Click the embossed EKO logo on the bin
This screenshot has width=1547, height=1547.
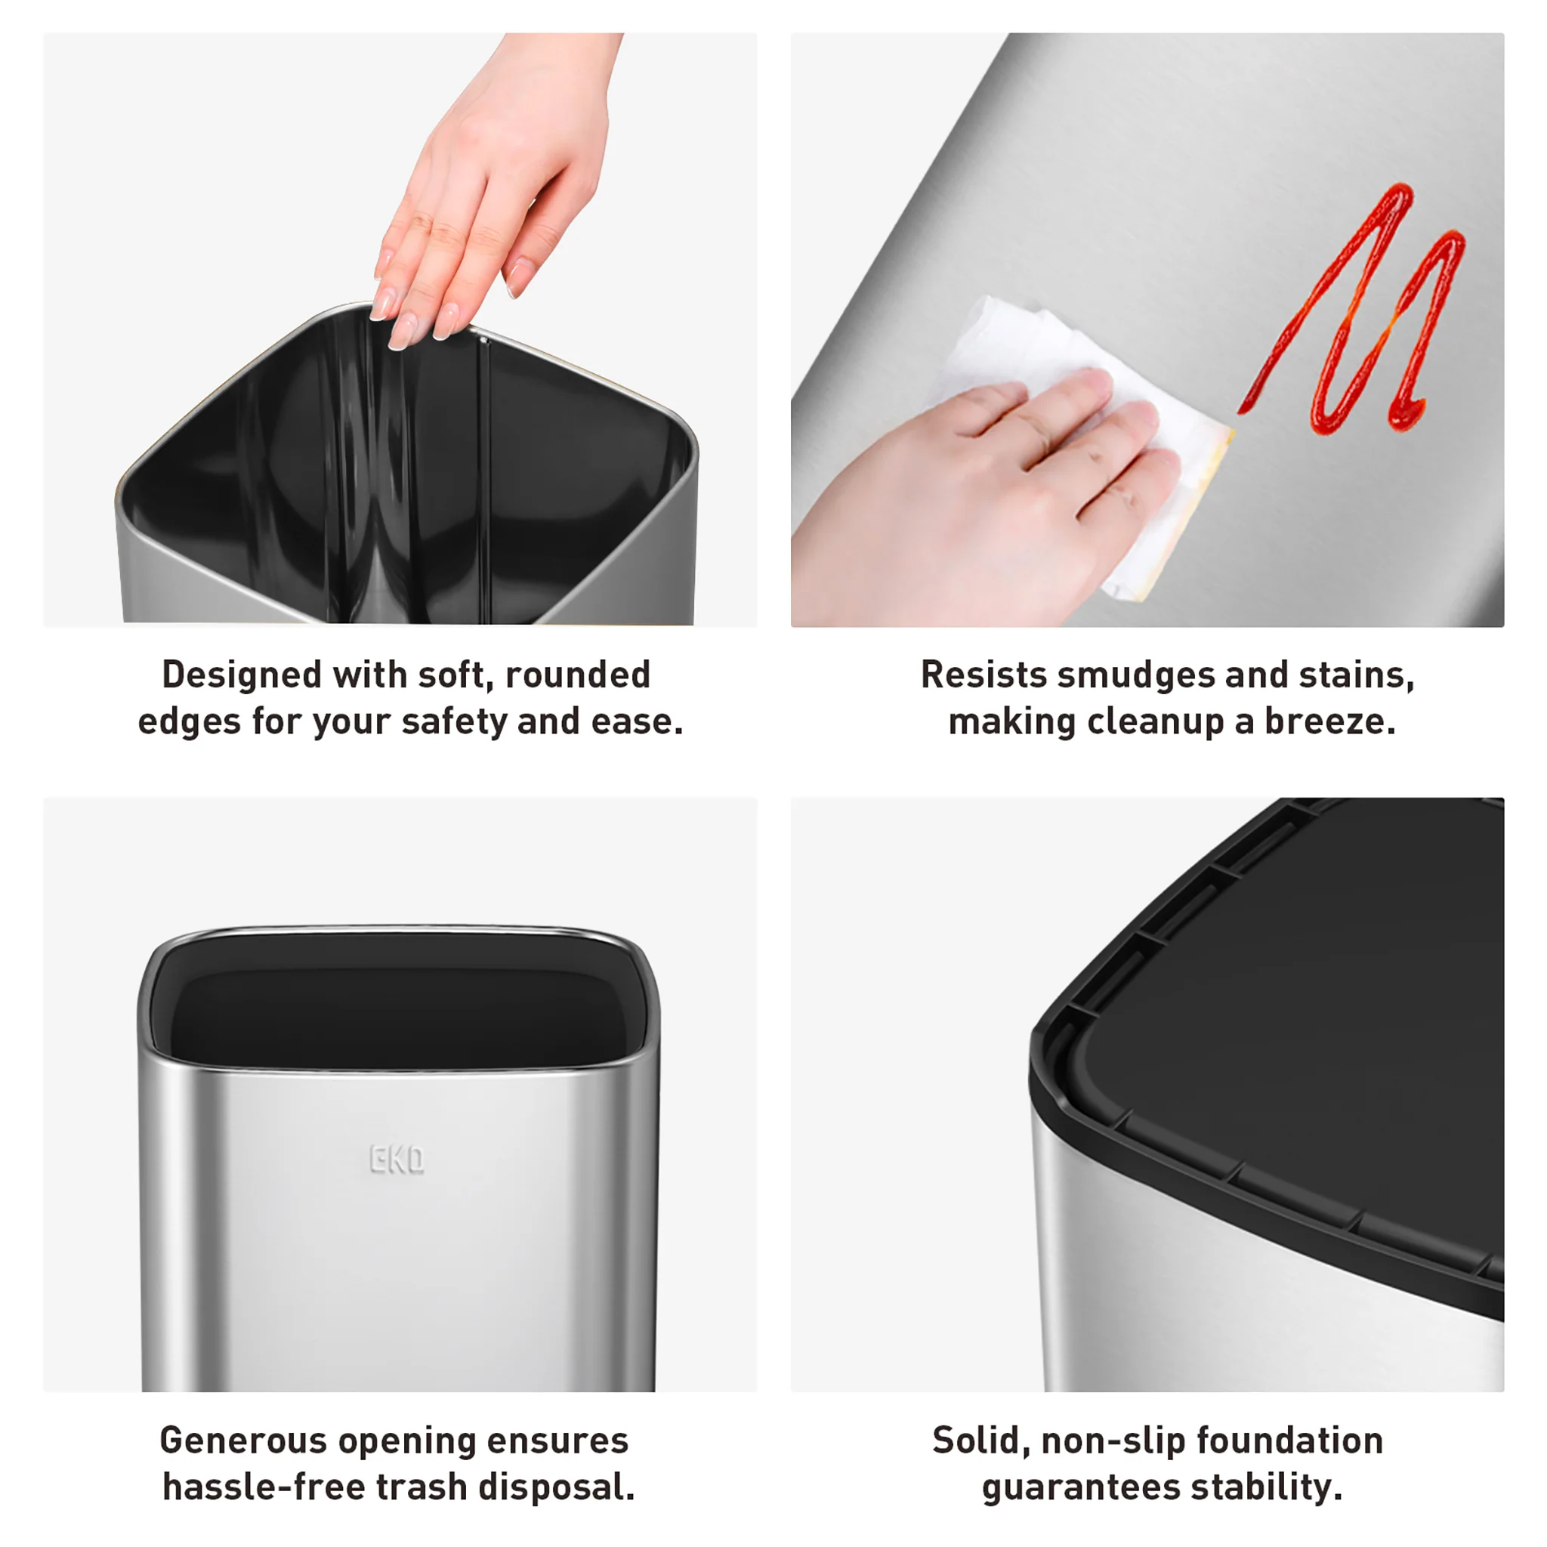coord(397,1159)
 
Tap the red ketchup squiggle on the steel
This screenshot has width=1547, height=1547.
coord(1361,320)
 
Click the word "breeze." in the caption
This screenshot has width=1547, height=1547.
coord(1330,721)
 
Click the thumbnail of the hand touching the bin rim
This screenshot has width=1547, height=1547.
coord(400,329)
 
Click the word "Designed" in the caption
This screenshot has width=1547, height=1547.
coord(241,675)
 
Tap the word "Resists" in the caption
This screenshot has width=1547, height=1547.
coord(983,675)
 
